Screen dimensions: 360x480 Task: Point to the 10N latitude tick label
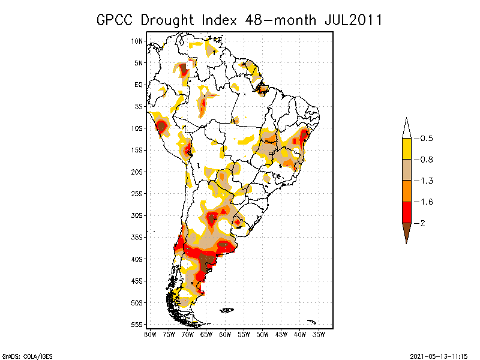(x=137, y=41)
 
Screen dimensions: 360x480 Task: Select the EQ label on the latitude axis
(x=139, y=85)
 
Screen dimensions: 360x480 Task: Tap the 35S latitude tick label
(x=137, y=237)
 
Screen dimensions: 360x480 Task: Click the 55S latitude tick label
(x=137, y=325)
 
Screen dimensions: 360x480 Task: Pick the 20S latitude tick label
(x=137, y=172)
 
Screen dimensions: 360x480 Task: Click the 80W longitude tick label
(x=150, y=334)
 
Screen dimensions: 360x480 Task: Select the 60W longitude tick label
(x=225, y=334)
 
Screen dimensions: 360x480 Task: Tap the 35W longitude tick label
(x=319, y=334)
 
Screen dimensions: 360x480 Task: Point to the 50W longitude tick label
(x=263, y=334)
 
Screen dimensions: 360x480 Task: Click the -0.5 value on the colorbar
(x=425, y=139)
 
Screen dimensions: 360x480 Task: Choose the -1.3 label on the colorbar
(x=425, y=181)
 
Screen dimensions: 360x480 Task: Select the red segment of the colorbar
(x=406, y=212)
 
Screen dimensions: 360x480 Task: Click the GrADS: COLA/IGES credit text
(x=27, y=356)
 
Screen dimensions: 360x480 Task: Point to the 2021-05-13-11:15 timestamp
(x=439, y=356)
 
